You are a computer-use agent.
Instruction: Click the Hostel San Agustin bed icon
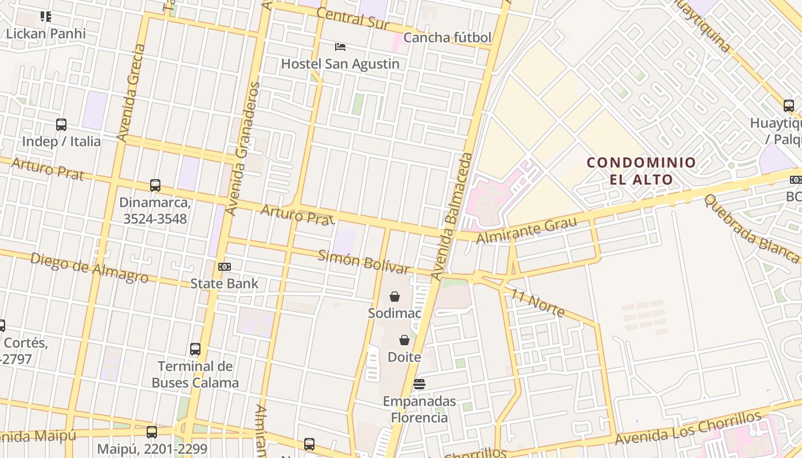[340, 46]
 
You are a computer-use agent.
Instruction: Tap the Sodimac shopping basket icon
[395, 297]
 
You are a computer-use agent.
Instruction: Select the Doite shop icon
[404, 340]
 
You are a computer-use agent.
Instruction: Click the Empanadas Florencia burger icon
[419, 384]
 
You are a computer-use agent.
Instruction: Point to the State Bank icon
[225, 267]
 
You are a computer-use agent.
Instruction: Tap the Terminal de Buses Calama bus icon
[195, 349]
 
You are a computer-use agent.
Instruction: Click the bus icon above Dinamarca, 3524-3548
[155, 185]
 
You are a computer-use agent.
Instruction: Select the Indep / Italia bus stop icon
[61, 124]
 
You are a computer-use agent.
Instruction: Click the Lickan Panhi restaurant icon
[46, 17]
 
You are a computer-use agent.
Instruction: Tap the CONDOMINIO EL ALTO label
[641, 171]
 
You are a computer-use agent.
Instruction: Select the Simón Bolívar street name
[364, 262]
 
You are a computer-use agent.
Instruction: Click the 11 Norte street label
[538, 303]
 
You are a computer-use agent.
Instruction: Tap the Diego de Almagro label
[89, 267]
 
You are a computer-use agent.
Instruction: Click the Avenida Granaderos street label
[243, 149]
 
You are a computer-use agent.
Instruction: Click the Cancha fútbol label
[447, 38]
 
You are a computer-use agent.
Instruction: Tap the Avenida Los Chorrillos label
[688, 428]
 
